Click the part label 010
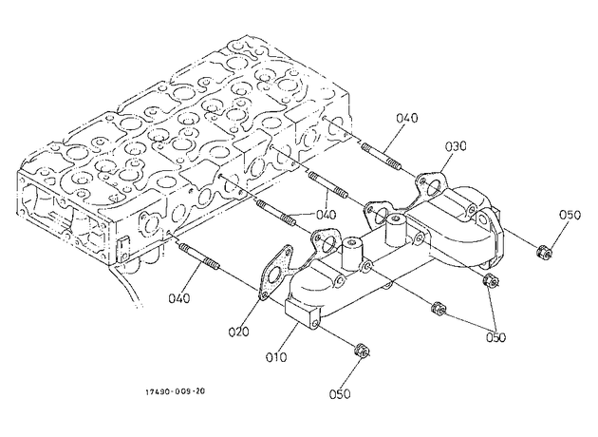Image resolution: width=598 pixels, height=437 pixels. [275, 357]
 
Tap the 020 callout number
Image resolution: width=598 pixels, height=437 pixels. [238, 332]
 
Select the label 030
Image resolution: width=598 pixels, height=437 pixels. [456, 145]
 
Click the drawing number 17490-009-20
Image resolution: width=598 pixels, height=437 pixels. [175, 391]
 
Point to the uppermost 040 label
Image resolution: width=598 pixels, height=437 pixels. [407, 118]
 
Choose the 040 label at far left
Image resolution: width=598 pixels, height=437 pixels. [178, 297]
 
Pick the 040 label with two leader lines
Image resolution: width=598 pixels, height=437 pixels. [327, 215]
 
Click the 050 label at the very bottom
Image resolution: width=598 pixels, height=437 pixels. [340, 394]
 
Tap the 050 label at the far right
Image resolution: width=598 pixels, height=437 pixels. [570, 215]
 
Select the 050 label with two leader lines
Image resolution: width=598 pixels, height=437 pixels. [495, 337]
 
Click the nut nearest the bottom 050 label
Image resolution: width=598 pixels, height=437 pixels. [362, 350]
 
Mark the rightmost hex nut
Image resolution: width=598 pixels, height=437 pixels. [544, 252]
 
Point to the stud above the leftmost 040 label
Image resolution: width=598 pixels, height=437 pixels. [199, 257]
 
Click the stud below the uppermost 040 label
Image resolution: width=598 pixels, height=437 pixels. [382, 157]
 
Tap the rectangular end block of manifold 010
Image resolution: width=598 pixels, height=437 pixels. [302, 313]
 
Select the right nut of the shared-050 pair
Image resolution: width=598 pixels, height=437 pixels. [490, 280]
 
